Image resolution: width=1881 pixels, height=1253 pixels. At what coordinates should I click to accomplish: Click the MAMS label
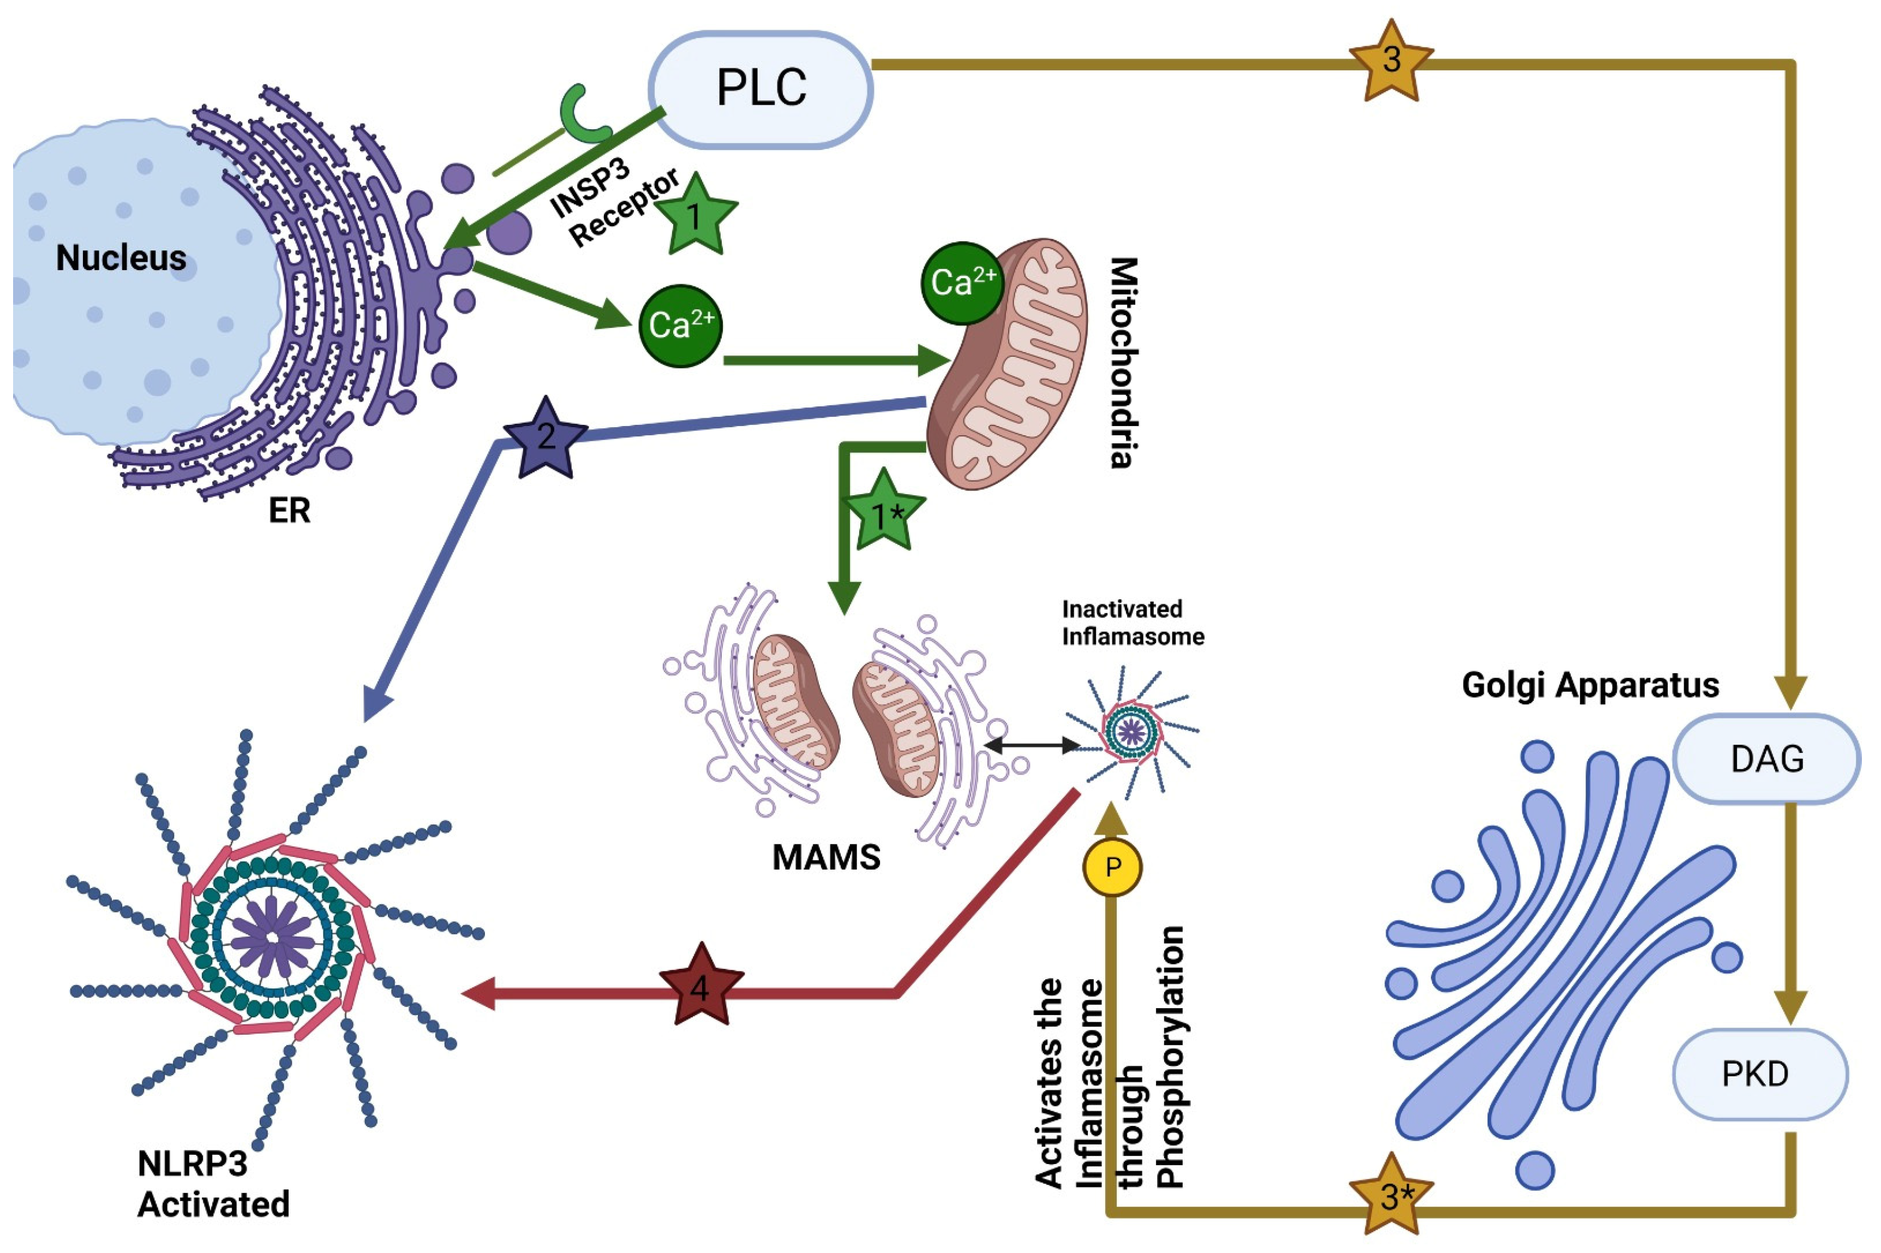point(826,858)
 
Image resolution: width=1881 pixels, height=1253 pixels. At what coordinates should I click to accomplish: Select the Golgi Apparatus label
point(1590,685)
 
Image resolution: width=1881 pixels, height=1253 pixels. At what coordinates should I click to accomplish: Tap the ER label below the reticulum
point(289,511)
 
